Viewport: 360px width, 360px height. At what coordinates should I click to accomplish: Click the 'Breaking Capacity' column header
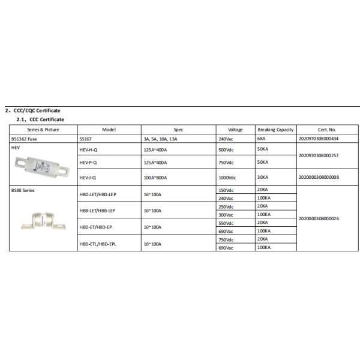tap(275, 130)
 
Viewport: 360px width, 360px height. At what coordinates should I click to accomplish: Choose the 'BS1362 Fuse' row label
tap(24, 139)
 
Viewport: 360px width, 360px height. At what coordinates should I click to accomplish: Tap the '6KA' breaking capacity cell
tap(262, 139)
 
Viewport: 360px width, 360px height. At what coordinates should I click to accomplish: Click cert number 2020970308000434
tap(318, 139)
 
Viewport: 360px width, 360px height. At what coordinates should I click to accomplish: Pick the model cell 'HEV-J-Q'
tap(88, 177)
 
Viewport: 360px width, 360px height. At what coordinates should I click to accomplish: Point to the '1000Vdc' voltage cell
tap(226, 177)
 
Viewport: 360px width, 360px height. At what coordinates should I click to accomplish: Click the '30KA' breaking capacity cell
tap(263, 177)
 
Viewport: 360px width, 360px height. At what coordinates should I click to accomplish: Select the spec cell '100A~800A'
tap(155, 177)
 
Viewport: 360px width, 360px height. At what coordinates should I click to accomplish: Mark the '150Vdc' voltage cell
tap(225, 190)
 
